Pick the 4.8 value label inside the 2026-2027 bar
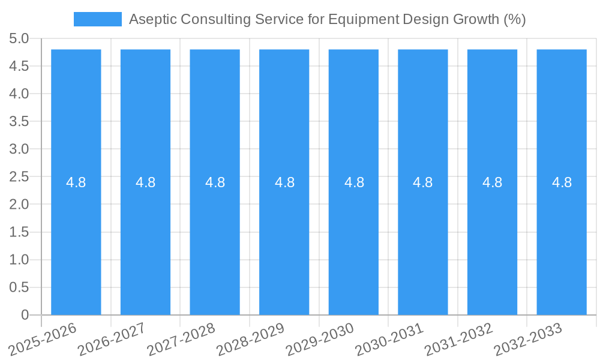pos(146,182)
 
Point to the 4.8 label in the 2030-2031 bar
pos(423,182)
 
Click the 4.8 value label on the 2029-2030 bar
pos(354,182)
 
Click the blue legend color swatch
pos(97,19)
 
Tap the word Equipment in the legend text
pos(356,19)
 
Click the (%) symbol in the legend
pos(514,19)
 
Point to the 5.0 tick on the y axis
pos(19,39)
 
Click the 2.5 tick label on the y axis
pos(19,177)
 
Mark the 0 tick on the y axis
pos(25,315)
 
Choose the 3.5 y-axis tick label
pos(19,122)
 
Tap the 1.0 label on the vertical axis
pos(19,260)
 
